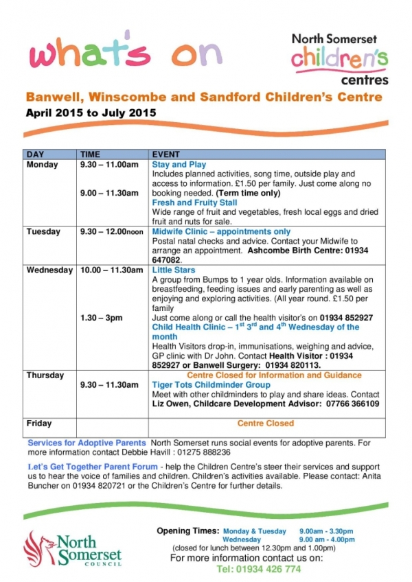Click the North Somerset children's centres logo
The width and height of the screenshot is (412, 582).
coord(339,59)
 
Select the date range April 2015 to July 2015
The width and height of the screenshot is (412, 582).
coord(91,113)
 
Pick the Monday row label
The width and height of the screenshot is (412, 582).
coord(42,165)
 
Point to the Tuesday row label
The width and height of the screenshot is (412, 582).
coord(43,233)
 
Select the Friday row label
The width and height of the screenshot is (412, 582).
coord(39,424)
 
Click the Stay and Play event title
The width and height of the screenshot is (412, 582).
coord(179,165)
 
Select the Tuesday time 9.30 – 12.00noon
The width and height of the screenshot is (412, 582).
coord(111,233)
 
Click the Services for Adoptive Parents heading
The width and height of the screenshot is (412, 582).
coord(87,443)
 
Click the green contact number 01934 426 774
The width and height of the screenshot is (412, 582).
coord(259,570)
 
